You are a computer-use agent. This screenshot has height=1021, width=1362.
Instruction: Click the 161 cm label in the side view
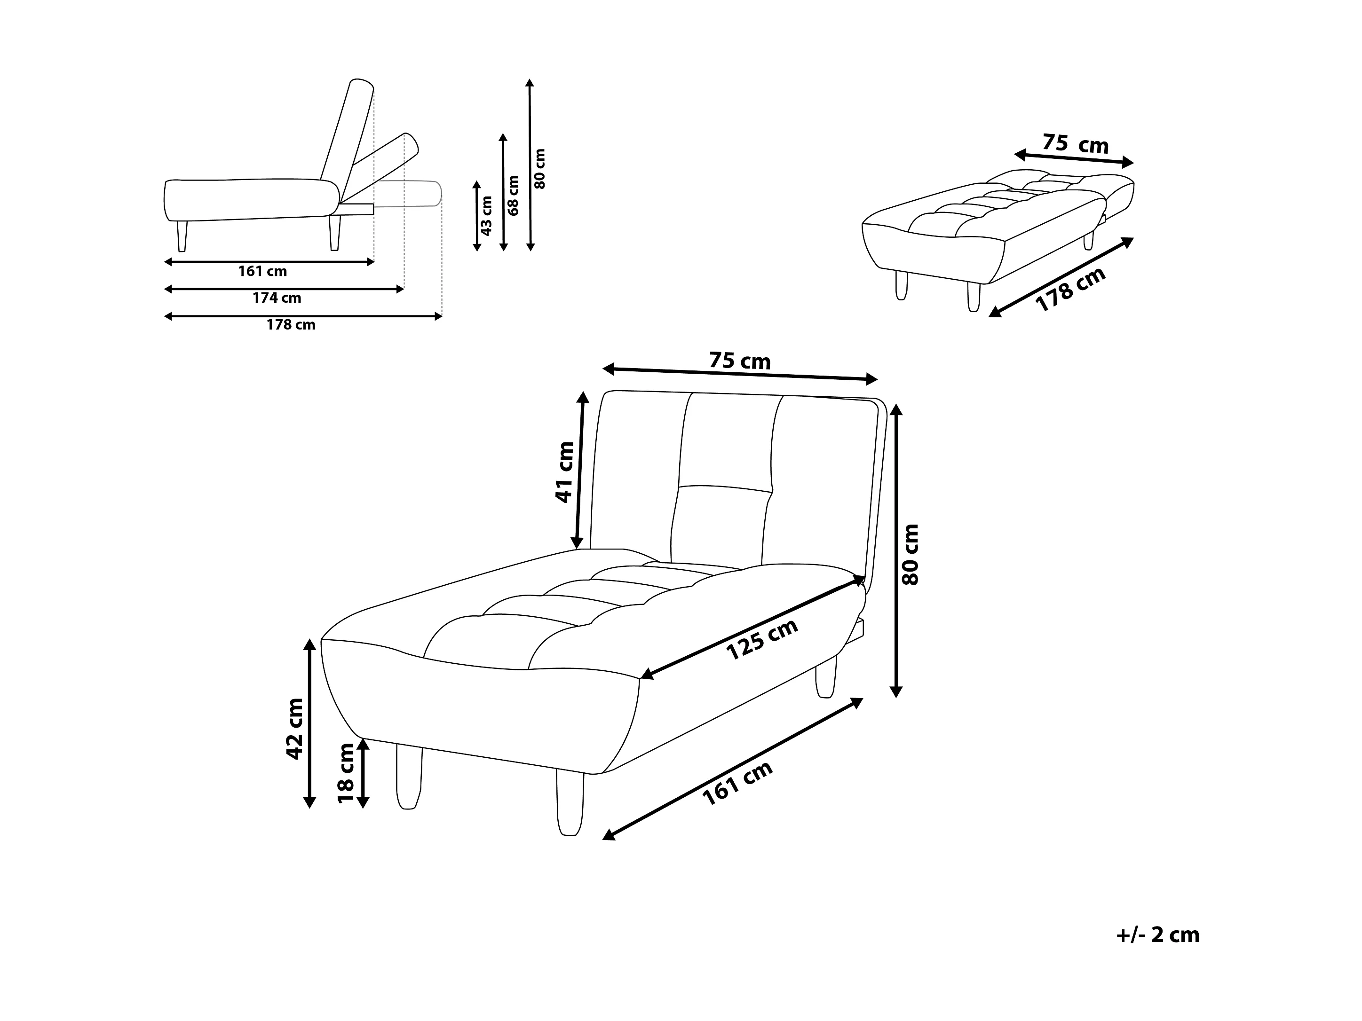pyautogui.click(x=262, y=271)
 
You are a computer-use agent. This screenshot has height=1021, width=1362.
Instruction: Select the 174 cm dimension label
pyautogui.click(x=277, y=298)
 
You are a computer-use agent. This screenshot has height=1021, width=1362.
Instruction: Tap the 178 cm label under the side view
pyautogui.click(x=291, y=324)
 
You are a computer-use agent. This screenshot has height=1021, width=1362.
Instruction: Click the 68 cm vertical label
pyautogui.click(x=514, y=195)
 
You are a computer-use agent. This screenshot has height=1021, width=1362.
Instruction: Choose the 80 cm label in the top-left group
pyautogui.click(x=540, y=168)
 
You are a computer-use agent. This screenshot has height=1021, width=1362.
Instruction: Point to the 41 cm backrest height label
pyautogui.click(x=565, y=472)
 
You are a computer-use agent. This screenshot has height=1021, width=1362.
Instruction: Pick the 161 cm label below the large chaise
pyautogui.click(x=737, y=784)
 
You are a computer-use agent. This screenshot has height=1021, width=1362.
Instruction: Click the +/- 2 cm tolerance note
pyautogui.click(x=1157, y=935)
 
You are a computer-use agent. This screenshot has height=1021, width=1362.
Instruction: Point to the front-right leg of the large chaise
pyautogui.click(x=570, y=803)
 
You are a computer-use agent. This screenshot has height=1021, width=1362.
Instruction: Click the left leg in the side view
pyautogui.click(x=182, y=236)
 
